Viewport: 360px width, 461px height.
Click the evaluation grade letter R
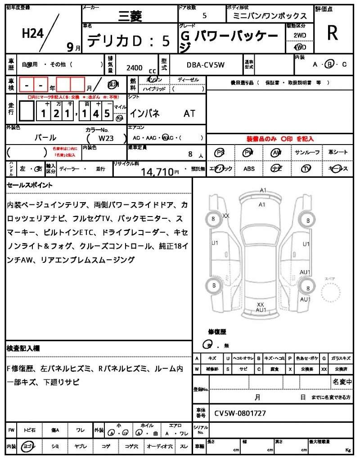[x=332, y=33]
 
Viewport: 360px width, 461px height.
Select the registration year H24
[x=32, y=34]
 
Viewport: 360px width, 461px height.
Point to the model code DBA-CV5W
[x=205, y=65]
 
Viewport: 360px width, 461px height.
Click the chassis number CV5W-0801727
[x=240, y=413]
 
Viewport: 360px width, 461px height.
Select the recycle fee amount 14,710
[x=157, y=172]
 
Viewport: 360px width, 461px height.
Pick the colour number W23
[x=107, y=138]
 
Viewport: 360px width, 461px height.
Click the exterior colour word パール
[x=45, y=138]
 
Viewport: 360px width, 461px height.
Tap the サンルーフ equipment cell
[x=307, y=153]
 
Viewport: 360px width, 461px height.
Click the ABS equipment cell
[x=249, y=169]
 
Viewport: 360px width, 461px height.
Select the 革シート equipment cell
[x=337, y=153]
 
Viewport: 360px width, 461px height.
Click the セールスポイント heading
[x=30, y=185]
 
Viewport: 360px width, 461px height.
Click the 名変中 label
[x=342, y=382]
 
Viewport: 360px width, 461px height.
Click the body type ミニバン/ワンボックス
[x=270, y=16]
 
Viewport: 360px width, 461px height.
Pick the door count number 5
[x=205, y=16]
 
